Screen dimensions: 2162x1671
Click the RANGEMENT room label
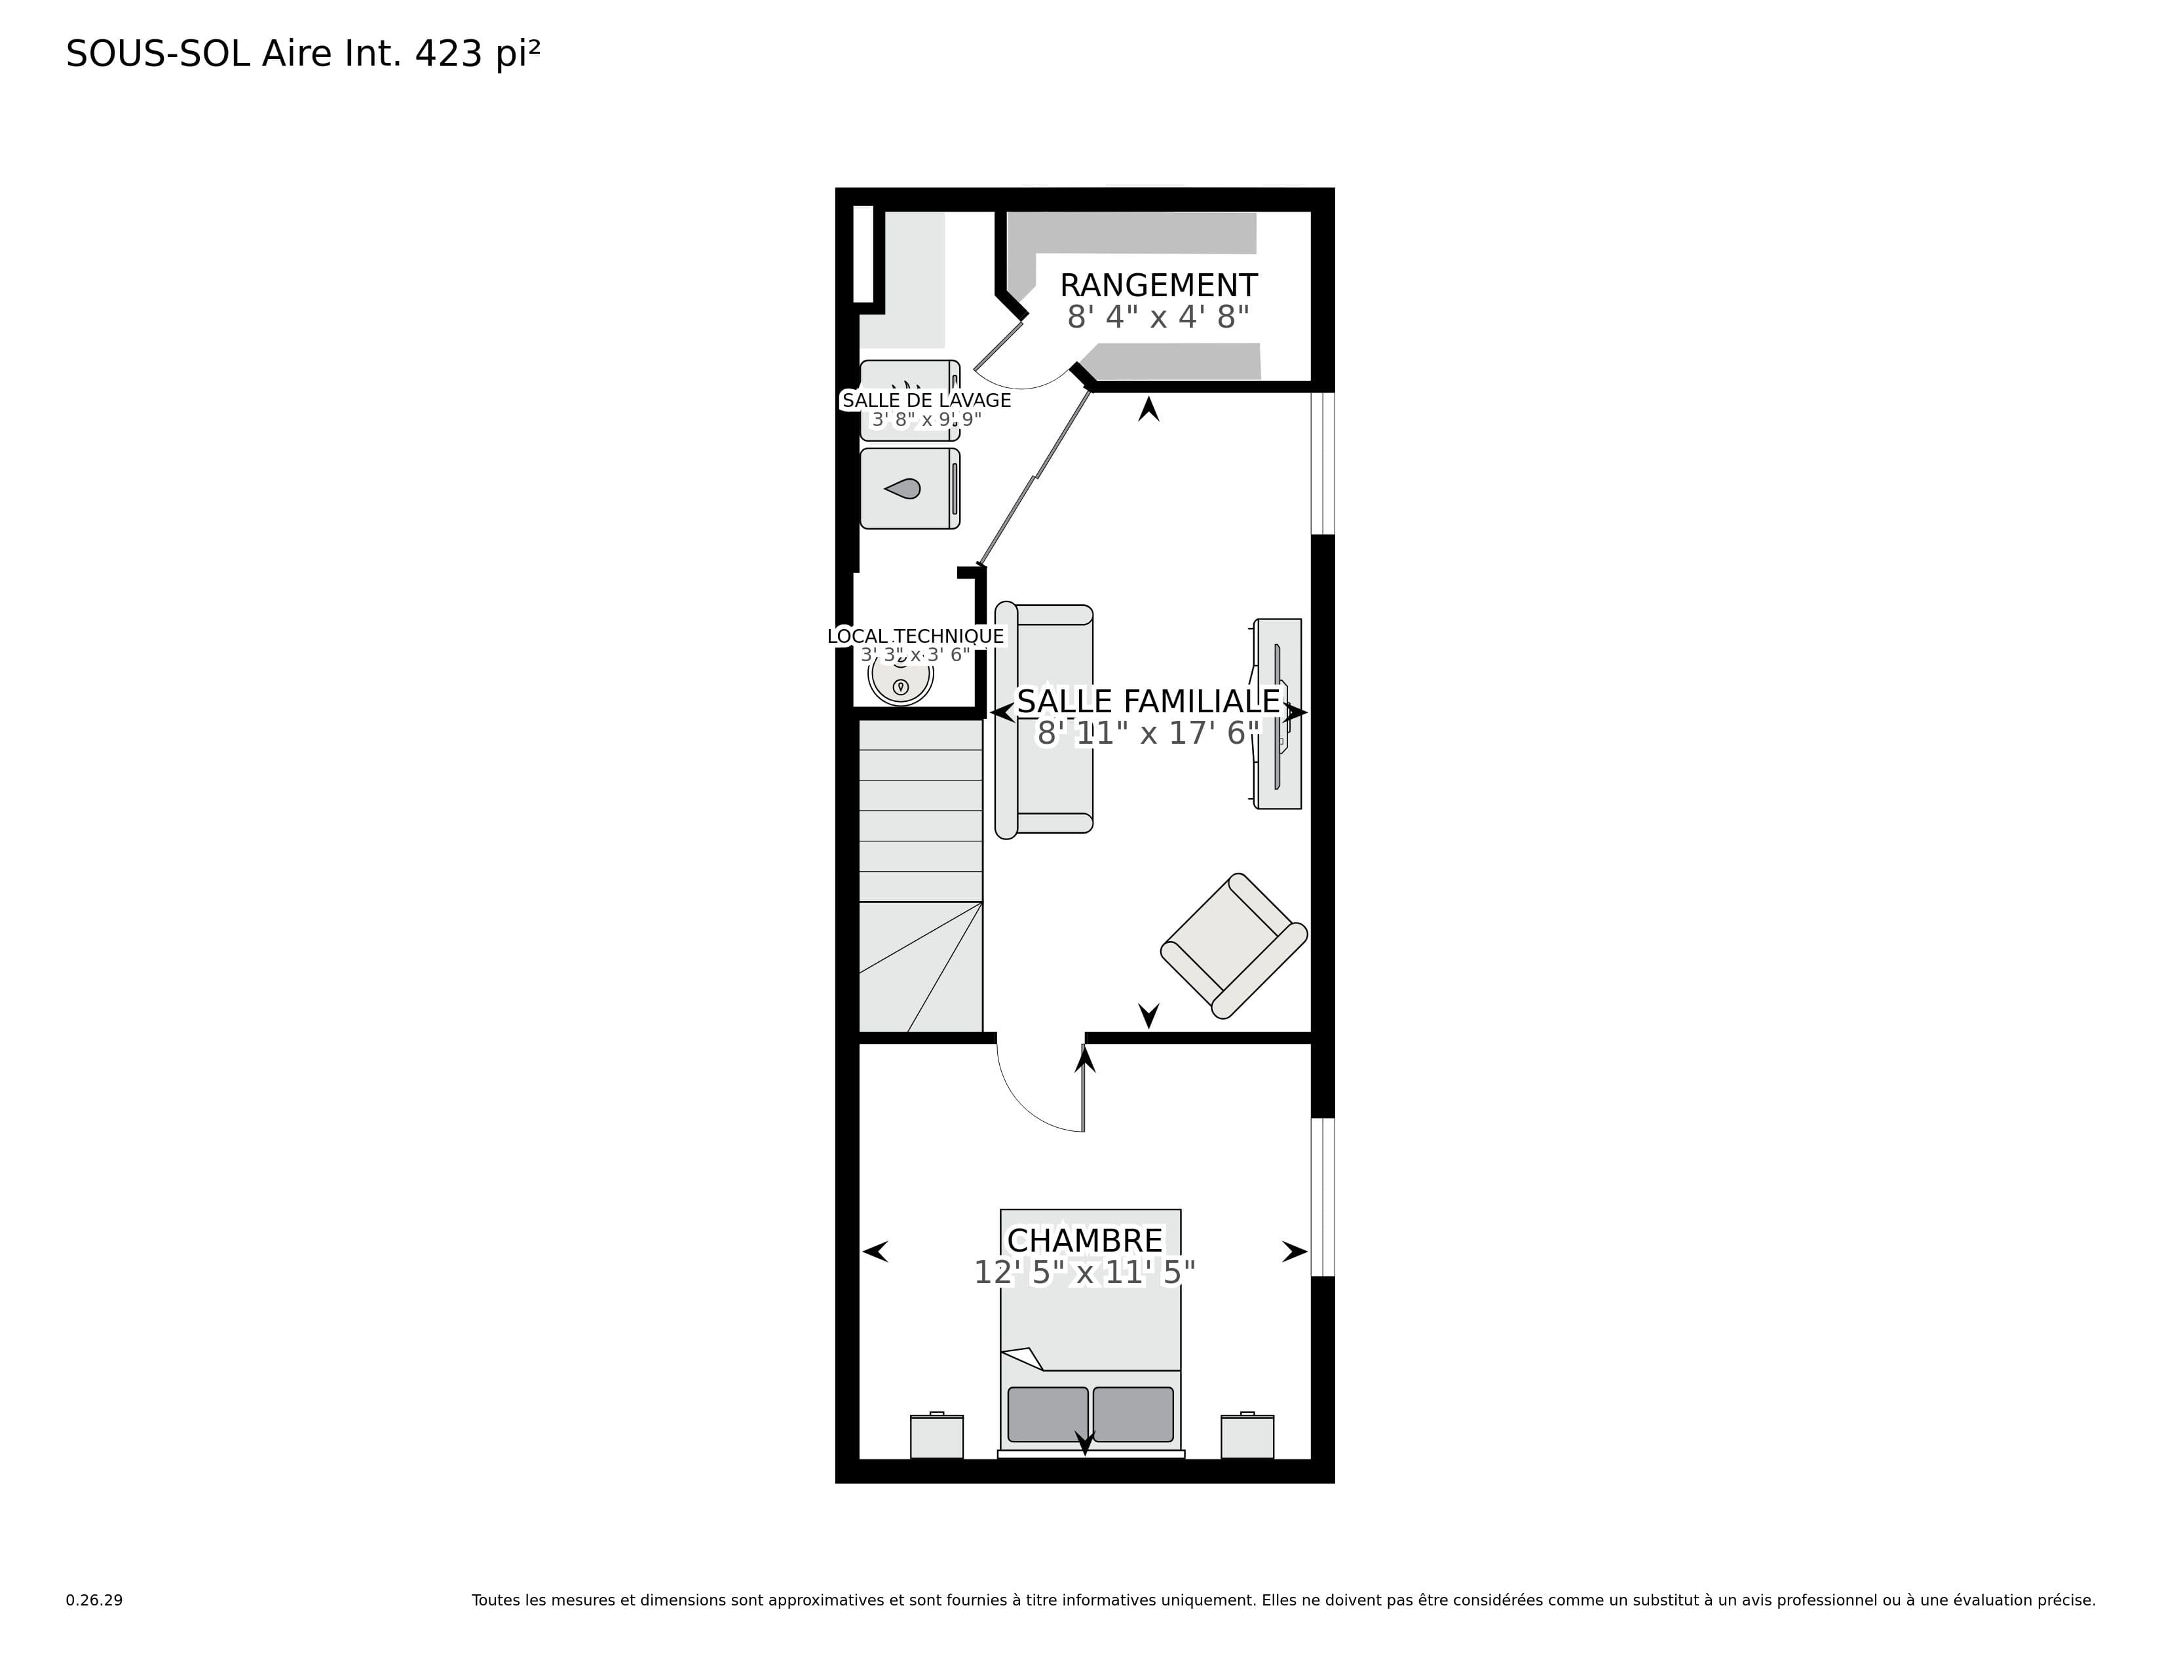(x=1158, y=285)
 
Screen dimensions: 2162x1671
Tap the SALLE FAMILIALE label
(x=1148, y=701)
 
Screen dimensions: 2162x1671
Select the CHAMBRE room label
(x=1085, y=1240)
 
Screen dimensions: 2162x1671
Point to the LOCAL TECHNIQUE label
(x=916, y=636)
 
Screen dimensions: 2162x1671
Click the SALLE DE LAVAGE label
(x=926, y=400)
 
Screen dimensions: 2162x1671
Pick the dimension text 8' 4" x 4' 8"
(x=1158, y=317)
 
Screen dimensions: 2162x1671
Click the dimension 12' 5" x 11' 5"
(x=1085, y=1272)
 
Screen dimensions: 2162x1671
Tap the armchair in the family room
(x=1234, y=946)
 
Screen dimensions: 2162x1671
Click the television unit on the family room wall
(x=1277, y=714)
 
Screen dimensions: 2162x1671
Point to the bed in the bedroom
(x=1090, y=1334)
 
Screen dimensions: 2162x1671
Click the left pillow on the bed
(x=1048, y=1413)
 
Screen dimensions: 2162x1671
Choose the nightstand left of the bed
(x=936, y=1435)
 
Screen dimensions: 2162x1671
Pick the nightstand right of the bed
(x=1247, y=1435)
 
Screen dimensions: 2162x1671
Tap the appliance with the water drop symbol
(x=910, y=488)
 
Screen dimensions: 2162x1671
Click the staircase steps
(x=920, y=876)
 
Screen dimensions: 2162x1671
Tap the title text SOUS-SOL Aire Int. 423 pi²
(x=303, y=54)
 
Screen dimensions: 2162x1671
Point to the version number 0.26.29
(x=94, y=1600)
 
